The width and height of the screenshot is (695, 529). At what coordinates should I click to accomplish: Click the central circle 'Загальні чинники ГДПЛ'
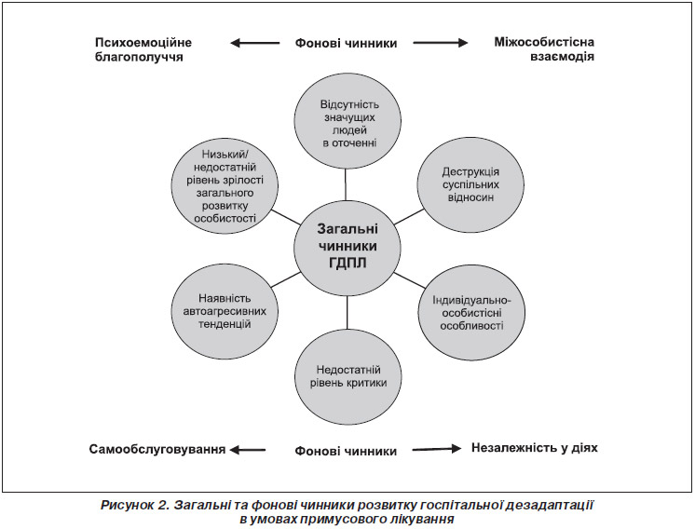coord(347,246)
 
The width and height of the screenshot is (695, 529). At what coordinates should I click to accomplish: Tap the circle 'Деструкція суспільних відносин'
coord(470,184)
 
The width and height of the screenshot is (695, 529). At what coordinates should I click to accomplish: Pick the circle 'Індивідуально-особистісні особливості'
coord(471,313)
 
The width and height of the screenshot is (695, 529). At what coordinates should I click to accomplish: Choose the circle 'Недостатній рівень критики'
coord(348,376)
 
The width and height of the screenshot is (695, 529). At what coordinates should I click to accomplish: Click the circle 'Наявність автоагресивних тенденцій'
coord(225,311)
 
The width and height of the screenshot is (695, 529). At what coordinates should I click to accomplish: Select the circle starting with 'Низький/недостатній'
coord(225,185)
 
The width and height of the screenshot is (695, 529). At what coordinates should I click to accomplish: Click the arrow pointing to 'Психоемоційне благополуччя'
coord(255,43)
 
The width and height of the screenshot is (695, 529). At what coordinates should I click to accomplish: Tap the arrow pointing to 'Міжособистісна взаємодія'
coord(441,43)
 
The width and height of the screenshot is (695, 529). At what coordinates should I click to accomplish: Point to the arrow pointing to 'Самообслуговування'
coord(248,450)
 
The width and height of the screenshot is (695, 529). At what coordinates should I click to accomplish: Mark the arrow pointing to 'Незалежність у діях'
coord(437,449)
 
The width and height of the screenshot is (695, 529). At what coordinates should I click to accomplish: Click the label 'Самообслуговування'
coord(157,449)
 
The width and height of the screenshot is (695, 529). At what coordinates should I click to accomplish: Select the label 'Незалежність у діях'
coord(535,448)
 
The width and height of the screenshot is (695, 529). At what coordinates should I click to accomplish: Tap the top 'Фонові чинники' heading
coord(347,44)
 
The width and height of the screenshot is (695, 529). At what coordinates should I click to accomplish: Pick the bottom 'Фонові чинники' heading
coord(346,451)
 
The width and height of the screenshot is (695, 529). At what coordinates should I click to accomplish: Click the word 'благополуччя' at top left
coord(139,58)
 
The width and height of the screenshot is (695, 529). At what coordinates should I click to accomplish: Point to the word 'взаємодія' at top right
coord(562,57)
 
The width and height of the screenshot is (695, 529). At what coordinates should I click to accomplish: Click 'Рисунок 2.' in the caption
coord(136,506)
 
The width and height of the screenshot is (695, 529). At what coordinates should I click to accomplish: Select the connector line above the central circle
coord(346,184)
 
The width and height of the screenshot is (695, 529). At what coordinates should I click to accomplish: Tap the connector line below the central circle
coord(347,314)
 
